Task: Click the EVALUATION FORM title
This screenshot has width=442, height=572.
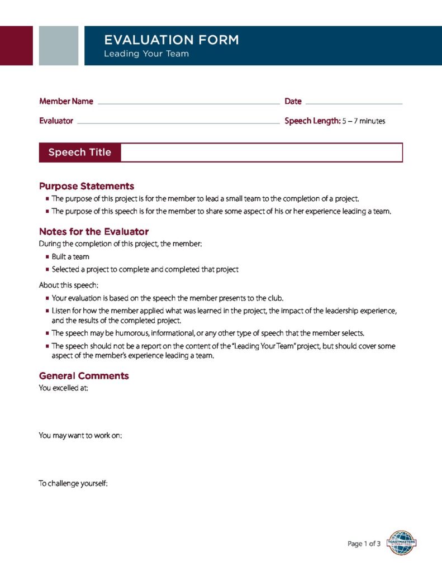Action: click(171, 40)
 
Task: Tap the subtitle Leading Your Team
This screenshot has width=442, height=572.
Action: click(146, 54)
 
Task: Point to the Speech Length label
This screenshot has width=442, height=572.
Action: click(312, 121)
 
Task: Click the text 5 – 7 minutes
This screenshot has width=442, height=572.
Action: click(364, 121)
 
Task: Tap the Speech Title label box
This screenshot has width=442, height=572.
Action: click(80, 152)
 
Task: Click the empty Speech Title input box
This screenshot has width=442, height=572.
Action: click(262, 152)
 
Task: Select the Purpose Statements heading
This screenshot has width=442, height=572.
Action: click(87, 186)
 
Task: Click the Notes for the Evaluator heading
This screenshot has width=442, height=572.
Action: click(94, 231)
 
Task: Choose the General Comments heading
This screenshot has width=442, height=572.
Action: click(84, 376)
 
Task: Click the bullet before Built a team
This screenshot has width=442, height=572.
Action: click(47, 257)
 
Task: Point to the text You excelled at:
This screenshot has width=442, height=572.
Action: click(63, 388)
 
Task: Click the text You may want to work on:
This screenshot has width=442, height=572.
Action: click(80, 435)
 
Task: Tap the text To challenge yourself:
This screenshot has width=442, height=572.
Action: click(73, 483)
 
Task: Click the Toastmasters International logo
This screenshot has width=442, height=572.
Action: click(401, 542)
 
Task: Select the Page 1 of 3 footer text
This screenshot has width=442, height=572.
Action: click(364, 544)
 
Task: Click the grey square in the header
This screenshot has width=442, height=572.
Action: click(59, 45)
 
